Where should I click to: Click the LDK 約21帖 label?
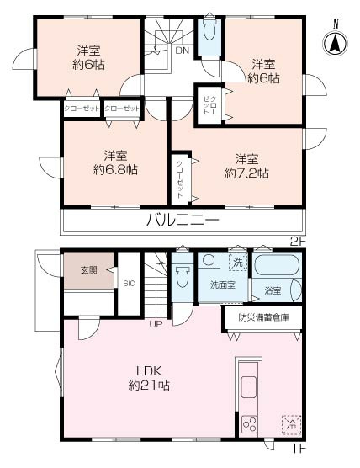pyautogui.click(x=150, y=377)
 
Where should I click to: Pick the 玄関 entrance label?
pyautogui.click(x=89, y=270)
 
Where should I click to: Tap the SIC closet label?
pyautogui.click(x=129, y=284)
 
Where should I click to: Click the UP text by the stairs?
pyautogui.click(x=156, y=324)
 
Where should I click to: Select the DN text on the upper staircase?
pyautogui.click(x=182, y=51)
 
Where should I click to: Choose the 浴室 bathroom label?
pyautogui.click(x=272, y=291)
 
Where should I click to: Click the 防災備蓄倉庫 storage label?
pyautogui.click(x=262, y=317)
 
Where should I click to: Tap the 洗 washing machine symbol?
pyautogui.click(x=238, y=263)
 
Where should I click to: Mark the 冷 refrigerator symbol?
pyautogui.click(x=290, y=423)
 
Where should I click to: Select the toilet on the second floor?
pyautogui.click(x=209, y=30)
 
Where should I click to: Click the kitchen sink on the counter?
pyautogui.click(x=249, y=387)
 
